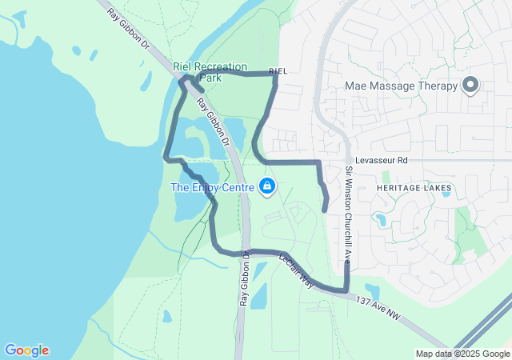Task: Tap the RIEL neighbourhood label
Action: (278, 71)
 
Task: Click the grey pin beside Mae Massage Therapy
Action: (470, 85)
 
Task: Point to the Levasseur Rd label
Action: (382, 160)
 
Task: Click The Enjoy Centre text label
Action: (212, 187)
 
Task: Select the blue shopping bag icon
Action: (267, 187)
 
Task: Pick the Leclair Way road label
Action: (297, 271)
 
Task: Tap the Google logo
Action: (26, 350)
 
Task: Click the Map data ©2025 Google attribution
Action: (462, 354)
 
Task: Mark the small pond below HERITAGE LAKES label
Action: (380, 218)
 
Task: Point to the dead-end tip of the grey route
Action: (324, 210)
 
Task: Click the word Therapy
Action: (438, 86)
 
